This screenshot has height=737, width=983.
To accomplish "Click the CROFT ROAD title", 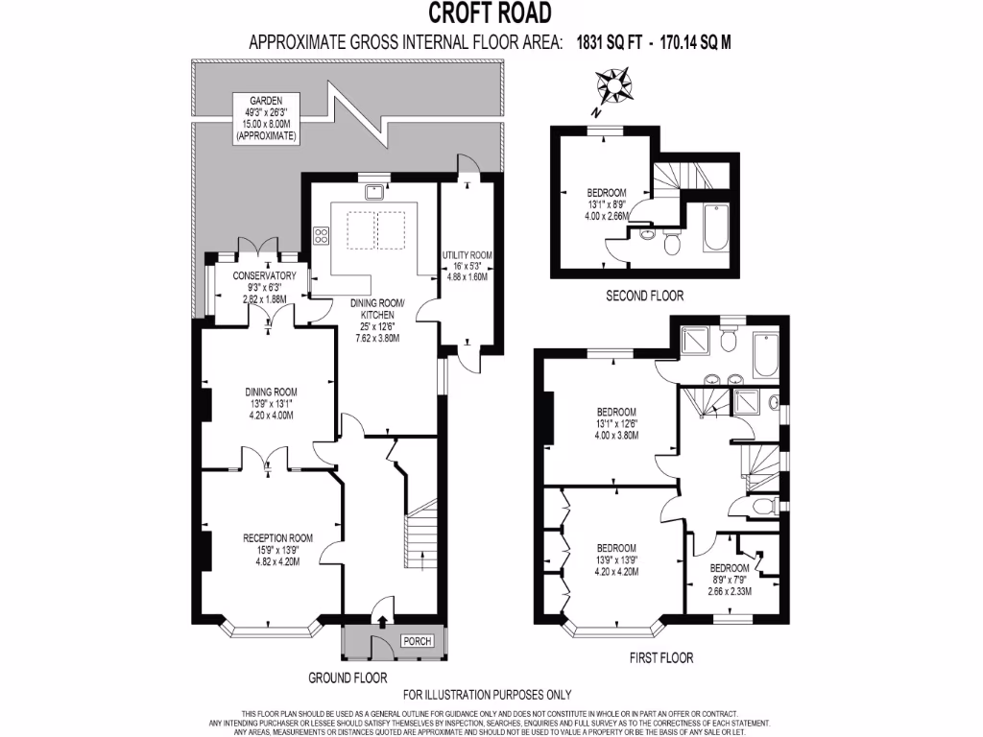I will tap(490, 12).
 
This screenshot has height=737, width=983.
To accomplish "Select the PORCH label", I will tap(416, 642).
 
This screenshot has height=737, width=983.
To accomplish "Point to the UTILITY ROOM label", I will tap(468, 255).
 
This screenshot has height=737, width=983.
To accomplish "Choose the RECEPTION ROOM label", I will tap(278, 537).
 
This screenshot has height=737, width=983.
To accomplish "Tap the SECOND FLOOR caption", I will tap(645, 296).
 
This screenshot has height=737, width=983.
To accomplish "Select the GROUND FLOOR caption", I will tap(348, 678).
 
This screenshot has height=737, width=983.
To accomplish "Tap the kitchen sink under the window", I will tap(371, 191).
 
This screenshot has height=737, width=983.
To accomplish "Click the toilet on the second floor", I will tap(671, 246).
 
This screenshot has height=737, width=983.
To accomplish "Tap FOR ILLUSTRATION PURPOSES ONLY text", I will tap(488, 695).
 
